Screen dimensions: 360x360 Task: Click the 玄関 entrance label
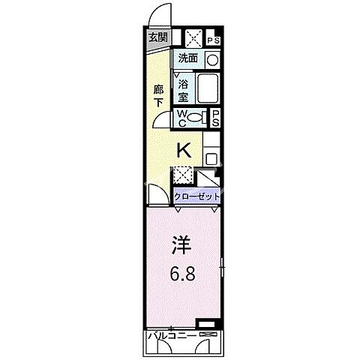pyautogui.click(x=157, y=37)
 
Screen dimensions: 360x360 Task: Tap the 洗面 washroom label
pyautogui.click(x=187, y=58)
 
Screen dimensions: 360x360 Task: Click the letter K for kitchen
pyautogui.click(x=182, y=150)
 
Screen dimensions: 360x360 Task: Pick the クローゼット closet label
pyautogui.click(x=196, y=196)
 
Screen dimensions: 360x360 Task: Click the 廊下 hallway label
pyautogui.click(x=158, y=95)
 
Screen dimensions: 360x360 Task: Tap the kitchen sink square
pyautogui.click(x=211, y=159)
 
